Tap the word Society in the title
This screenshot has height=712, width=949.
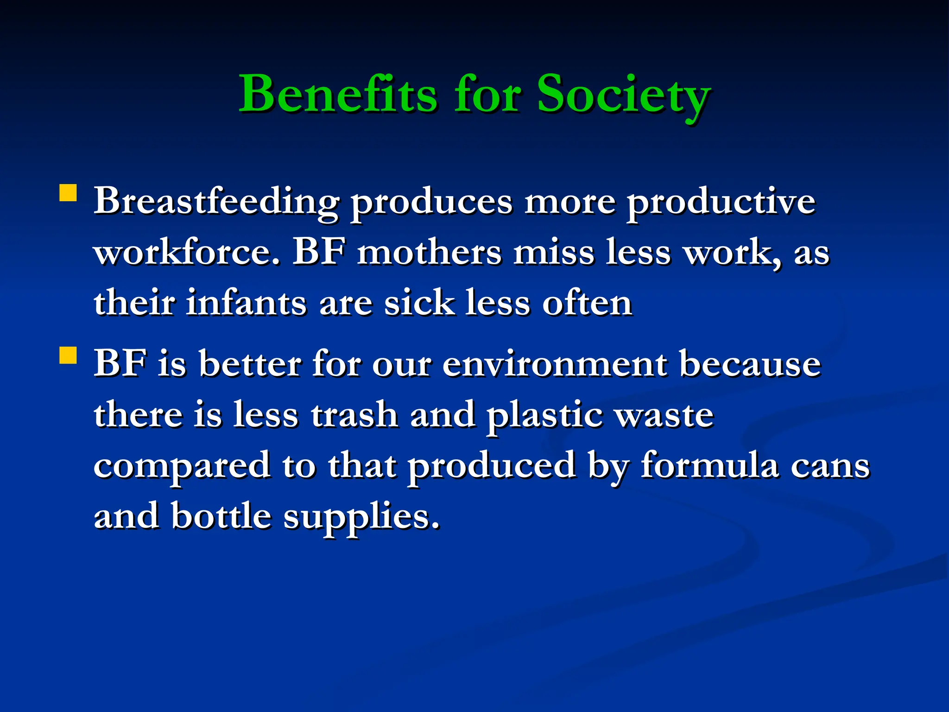tap(623, 95)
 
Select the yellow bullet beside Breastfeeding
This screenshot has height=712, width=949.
tap(68, 193)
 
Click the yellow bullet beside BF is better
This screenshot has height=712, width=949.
tap(68, 356)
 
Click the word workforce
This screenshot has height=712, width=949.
tap(187, 253)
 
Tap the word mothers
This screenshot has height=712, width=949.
tap(429, 253)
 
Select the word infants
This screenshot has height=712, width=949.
tap(246, 304)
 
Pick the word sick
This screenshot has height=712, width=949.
tap(419, 304)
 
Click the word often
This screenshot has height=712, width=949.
tap(587, 304)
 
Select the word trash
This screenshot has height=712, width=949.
tap(354, 415)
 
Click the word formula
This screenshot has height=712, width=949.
tap(709, 465)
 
